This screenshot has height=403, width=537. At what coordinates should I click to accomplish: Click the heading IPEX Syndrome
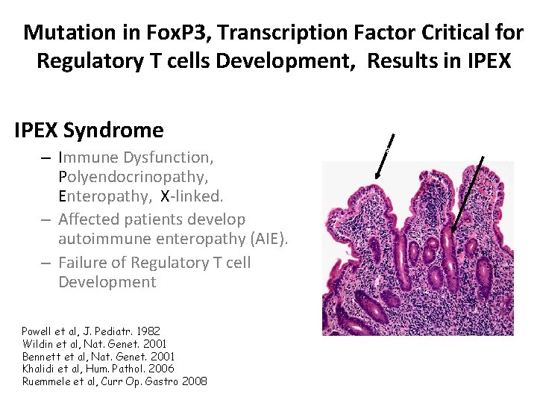click(89, 131)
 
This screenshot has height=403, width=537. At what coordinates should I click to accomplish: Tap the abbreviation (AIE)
click(264, 238)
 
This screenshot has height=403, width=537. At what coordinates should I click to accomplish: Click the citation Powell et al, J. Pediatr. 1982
click(90, 331)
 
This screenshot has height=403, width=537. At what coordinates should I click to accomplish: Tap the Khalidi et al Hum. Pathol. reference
click(98, 369)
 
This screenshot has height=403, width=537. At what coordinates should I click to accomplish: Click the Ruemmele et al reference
click(114, 381)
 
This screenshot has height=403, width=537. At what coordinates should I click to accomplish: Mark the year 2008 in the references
click(193, 381)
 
